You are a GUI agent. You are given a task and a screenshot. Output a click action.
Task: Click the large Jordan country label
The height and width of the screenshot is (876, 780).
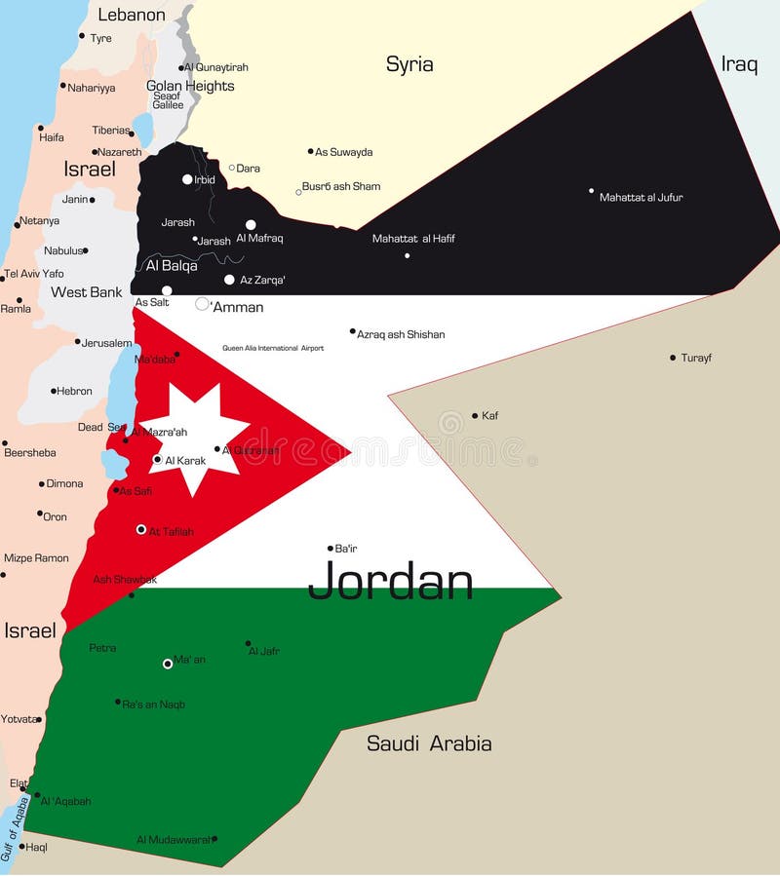(x=390, y=581)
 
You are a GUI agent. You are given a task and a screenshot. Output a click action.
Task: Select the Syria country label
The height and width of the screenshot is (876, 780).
(x=409, y=64)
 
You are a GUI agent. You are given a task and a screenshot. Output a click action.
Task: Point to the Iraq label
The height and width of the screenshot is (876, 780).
(x=739, y=64)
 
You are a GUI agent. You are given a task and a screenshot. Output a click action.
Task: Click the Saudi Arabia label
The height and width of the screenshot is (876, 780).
(x=429, y=743)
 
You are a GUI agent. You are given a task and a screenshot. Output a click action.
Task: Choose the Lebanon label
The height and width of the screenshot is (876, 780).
(x=132, y=15)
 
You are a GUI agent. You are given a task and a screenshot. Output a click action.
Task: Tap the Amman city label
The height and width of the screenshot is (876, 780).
(x=238, y=307)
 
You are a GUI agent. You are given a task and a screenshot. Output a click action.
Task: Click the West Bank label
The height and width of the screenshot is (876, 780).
(x=87, y=292)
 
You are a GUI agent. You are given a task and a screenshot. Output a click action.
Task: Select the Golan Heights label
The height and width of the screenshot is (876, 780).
(x=190, y=86)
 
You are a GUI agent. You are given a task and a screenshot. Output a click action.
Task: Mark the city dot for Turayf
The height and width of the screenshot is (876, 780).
(x=673, y=358)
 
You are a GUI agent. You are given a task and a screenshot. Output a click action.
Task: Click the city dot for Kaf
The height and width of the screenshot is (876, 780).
(x=475, y=416)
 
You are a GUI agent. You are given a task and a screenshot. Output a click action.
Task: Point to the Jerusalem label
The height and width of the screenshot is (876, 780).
(x=106, y=343)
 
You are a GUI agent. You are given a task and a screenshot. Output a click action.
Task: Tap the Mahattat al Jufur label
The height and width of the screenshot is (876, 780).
(x=641, y=198)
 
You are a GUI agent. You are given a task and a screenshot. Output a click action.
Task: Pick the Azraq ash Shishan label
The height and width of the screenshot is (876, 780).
(x=401, y=334)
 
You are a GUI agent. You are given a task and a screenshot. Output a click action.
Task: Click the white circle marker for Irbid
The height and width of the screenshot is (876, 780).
(x=187, y=179)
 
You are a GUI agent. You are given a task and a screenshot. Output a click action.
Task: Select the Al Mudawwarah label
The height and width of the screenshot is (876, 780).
(x=173, y=839)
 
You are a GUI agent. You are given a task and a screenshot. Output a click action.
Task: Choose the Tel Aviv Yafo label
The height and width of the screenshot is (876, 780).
(x=34, y=274)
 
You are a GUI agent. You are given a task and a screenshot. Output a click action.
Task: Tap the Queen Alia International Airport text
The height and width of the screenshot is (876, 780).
(x=273, y=348)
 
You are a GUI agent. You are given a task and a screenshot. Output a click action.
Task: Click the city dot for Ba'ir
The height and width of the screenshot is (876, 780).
(x=331, y=549)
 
